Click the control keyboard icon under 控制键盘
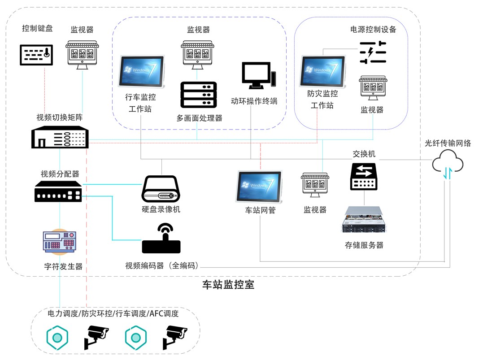click(37, 54)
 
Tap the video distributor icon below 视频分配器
click(58, 191)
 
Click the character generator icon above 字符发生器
click(59, 242)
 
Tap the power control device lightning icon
click(373, 52)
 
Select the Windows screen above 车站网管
click(259, 186)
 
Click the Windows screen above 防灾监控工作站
click(322, 70)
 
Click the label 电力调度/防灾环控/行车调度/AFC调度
click(113, 313)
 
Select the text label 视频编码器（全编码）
click(162, 265)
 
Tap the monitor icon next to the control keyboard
click(82, 55)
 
